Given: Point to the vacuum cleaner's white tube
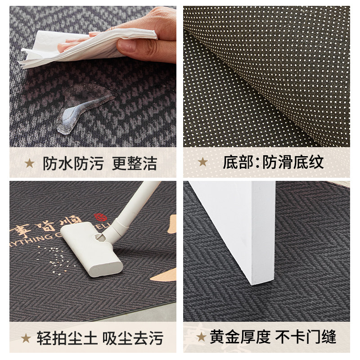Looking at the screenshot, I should point(135,202).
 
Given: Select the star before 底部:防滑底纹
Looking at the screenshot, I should point(203,162).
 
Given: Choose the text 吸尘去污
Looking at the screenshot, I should point(132,337).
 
